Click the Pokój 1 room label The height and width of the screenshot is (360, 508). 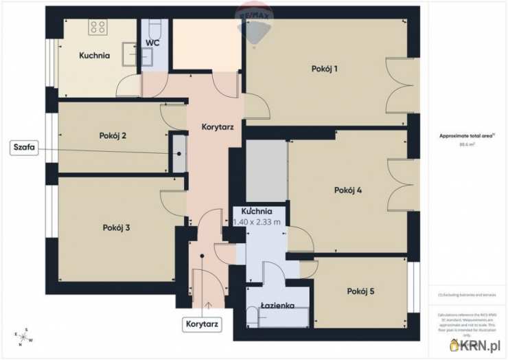point(325,69)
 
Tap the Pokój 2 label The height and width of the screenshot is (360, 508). point(113,135)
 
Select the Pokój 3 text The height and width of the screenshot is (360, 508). point(116,227)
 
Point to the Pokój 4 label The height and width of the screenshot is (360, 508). point(348,190)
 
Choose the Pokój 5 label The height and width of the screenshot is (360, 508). point(360,291)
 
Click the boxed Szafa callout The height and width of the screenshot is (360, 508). point(24,147)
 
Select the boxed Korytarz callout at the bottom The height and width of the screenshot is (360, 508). point(203,324)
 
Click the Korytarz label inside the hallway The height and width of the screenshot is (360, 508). point(218,127)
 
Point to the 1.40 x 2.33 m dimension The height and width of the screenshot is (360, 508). point(257,222)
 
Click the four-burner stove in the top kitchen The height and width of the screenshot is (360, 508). point(98,27)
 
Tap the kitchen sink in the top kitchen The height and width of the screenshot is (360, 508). point(130,52)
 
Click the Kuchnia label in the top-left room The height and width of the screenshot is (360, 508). point(94,56)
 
